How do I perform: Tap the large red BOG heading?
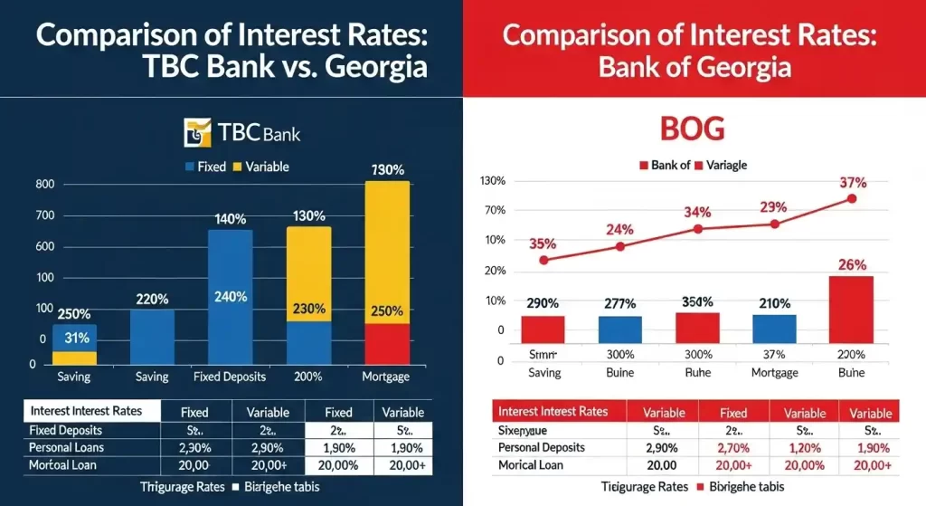694,128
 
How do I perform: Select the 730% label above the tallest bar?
386,169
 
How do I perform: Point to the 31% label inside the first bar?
76,339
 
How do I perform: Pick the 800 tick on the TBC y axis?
45,185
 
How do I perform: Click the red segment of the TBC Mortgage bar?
386,344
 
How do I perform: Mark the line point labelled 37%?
851,198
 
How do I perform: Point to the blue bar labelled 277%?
619,329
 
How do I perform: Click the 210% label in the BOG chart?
774,303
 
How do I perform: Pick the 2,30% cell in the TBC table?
194,448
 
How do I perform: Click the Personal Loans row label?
66,448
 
